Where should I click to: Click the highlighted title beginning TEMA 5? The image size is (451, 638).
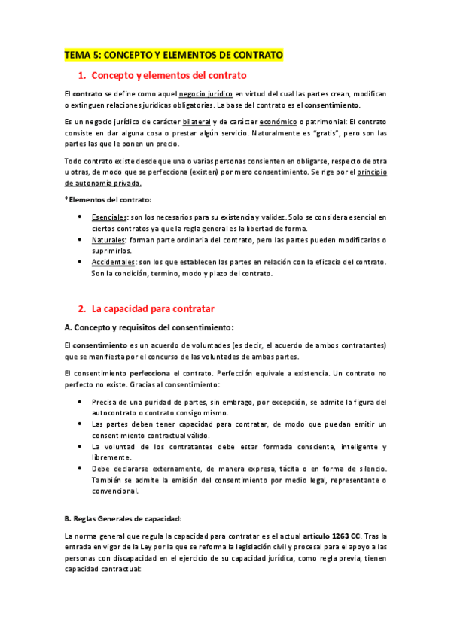173,55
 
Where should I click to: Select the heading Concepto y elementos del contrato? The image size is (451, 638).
169,76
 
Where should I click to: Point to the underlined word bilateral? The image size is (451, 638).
197,121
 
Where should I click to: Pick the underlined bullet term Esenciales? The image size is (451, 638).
110,217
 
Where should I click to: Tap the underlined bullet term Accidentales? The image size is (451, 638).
113,262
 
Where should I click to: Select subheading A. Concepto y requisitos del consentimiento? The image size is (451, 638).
149,327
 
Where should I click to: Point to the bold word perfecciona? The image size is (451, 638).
150,372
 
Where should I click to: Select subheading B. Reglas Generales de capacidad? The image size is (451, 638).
123,518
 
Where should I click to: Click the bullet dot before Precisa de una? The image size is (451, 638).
81,402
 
